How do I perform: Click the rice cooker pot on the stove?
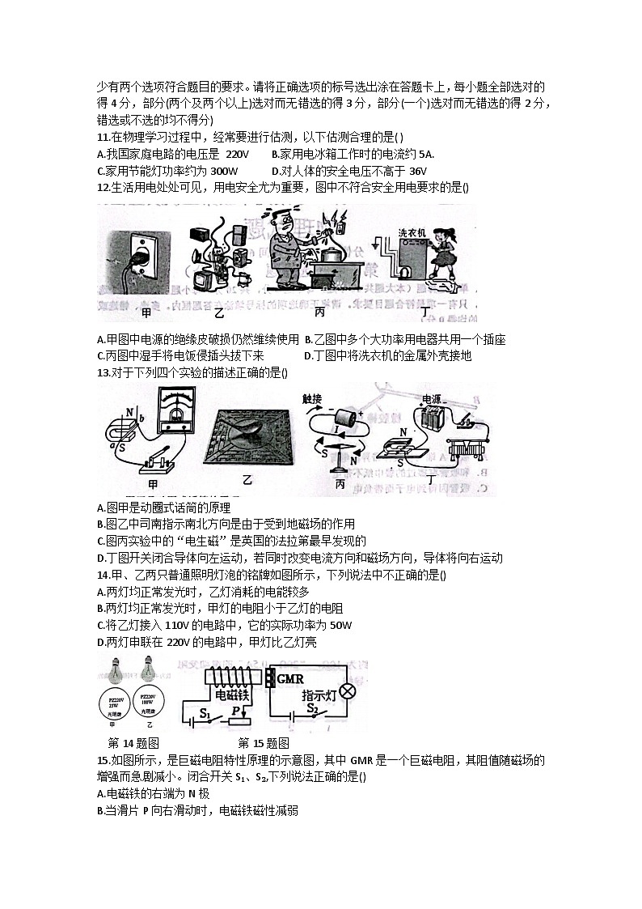[x=330, y=253]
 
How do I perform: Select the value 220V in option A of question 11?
[x=237, y=153]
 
